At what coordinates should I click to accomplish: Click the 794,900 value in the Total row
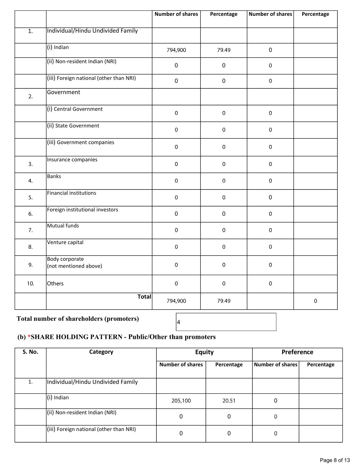click(176, 301)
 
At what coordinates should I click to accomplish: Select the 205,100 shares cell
click(181, 400)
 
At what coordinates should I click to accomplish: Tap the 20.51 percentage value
click(229, 400)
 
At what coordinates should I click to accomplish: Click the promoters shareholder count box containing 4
click(226, 322)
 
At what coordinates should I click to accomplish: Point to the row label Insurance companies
click(72, 160)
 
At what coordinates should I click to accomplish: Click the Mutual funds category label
click(63, 226)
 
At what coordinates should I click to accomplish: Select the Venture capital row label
click(65, 242)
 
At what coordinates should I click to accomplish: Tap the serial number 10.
click(30, 284)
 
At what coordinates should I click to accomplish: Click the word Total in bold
click(144, 297)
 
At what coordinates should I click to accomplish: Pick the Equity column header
click(204, 352)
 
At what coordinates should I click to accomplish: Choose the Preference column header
click(297, 352)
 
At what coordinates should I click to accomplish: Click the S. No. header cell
click(30, 352)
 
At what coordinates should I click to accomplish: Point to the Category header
click(101, 352)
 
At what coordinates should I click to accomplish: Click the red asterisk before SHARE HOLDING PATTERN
click(29, 337)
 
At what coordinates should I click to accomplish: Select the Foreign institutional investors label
click(82, 210)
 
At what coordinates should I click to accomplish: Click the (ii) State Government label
click(73, 126)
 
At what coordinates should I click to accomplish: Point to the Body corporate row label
click(66, 259)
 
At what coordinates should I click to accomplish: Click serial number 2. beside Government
click(30, 97)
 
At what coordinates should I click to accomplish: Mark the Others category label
click(55, 284)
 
